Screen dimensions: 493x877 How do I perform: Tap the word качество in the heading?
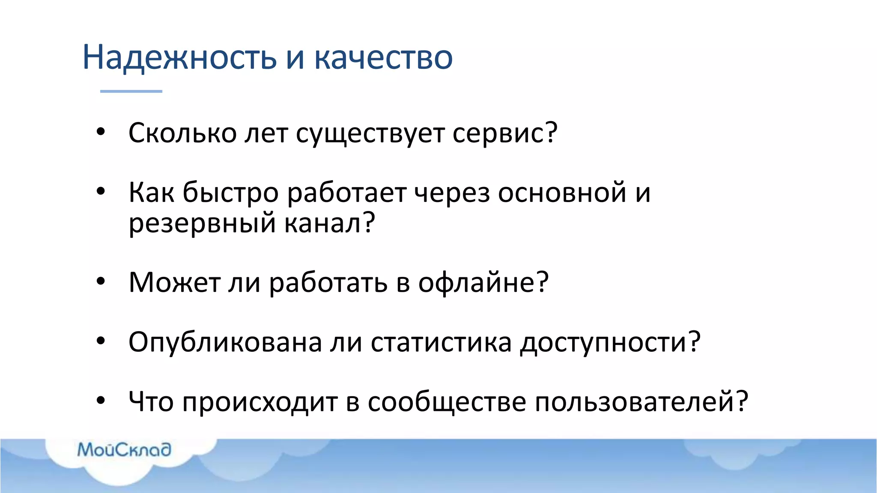pos(383,57)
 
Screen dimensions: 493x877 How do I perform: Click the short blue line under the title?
pos(131,91)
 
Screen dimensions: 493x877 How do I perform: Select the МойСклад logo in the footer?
pos(124,450)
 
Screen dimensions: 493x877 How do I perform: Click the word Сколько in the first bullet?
pos(182,133)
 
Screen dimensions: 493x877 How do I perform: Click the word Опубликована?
pos(225,342)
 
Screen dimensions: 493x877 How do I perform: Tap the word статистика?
pos(441,342)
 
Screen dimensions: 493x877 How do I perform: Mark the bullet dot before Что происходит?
pos(101,401)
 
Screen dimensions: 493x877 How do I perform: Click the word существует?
pos(370,134)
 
